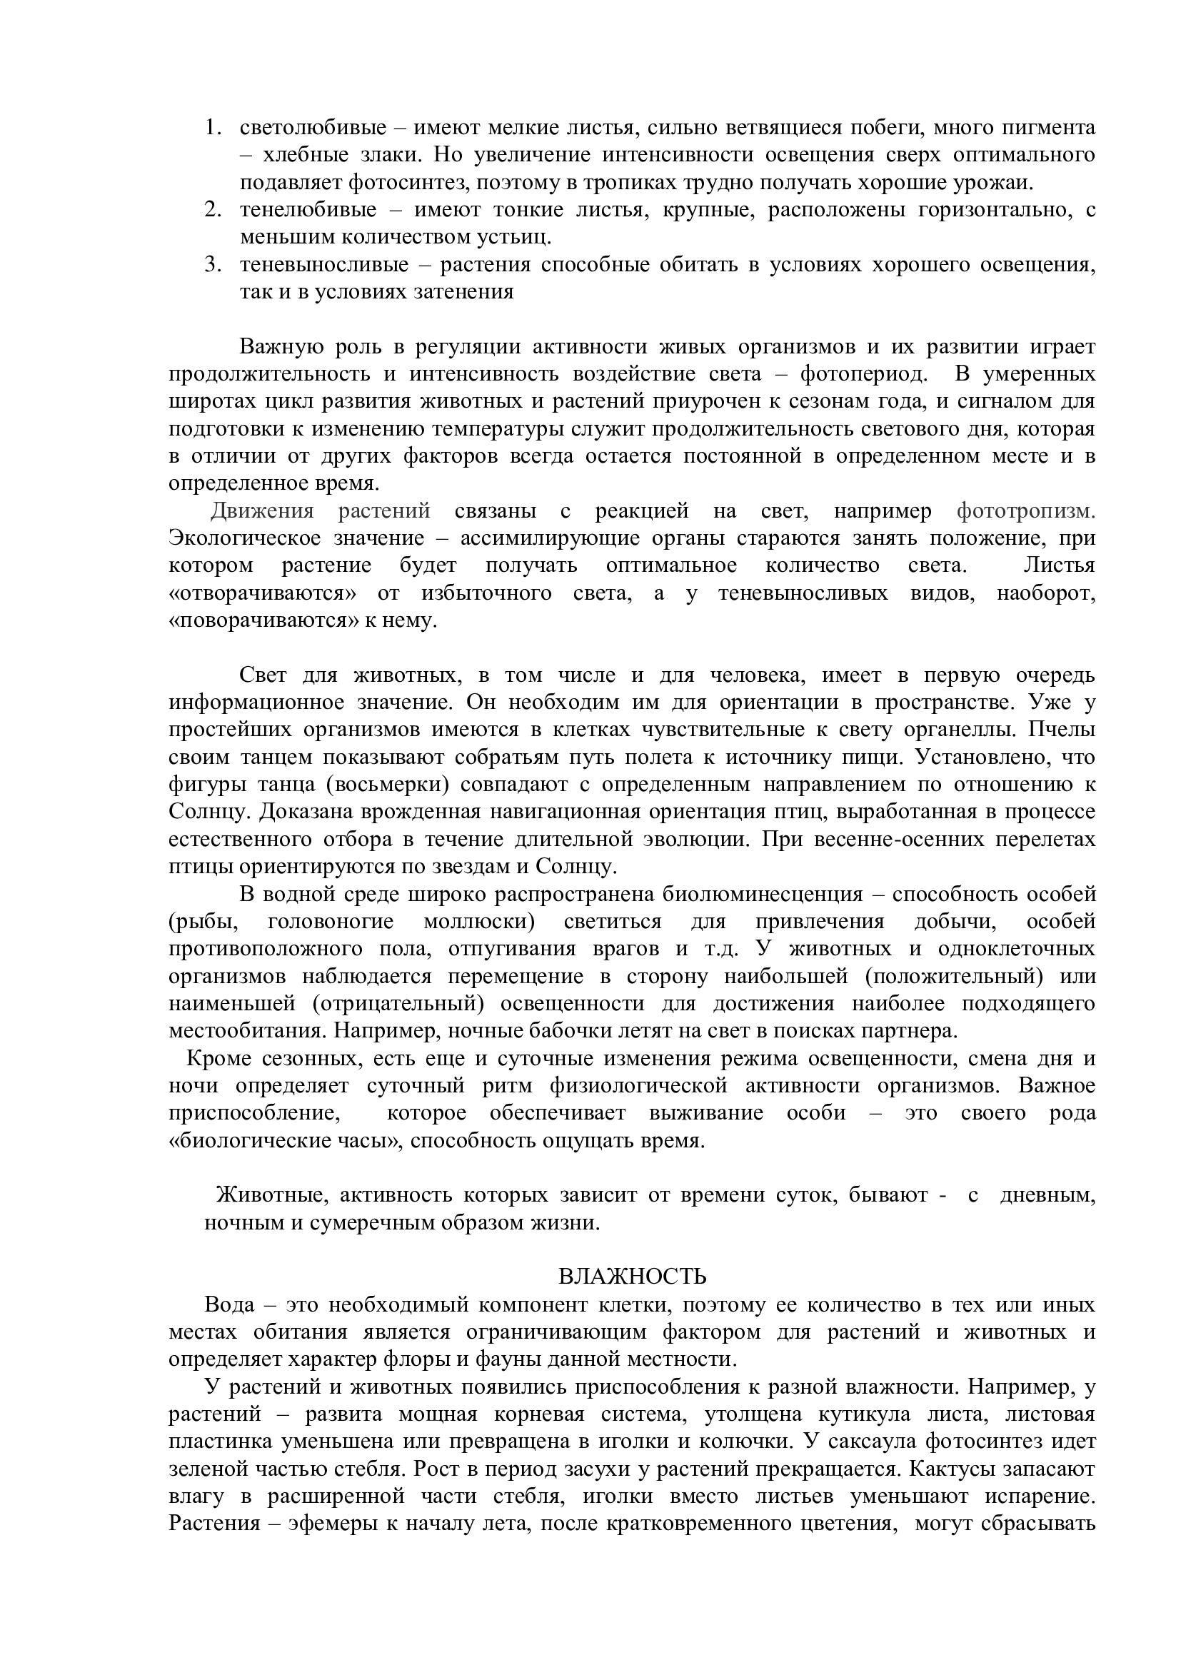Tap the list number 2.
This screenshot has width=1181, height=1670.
click(x=211, y=210)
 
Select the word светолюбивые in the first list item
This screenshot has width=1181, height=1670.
click(x=313, y=128)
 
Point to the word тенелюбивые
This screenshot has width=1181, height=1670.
click(x=308, y=210)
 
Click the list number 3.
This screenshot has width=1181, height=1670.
click(x=211, y=265)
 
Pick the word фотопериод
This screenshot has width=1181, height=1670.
click(x=863, y=375)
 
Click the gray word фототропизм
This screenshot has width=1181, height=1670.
click(x=1025, y=511)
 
